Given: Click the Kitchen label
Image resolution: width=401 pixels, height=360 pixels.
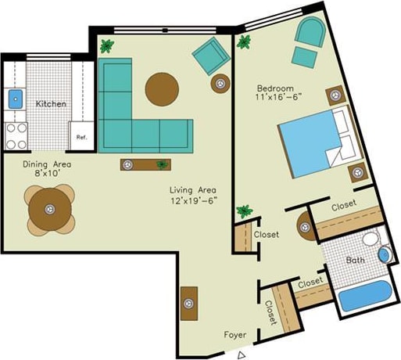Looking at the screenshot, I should click(50, 103).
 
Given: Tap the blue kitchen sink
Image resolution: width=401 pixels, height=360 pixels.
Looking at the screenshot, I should click(16, 99).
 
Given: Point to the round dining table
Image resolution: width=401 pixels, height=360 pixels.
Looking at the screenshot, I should click(50, 208).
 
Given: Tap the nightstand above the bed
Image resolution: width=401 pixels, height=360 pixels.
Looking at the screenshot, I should click(338, 95).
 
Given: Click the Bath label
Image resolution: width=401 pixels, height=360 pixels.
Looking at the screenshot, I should click(356, 260).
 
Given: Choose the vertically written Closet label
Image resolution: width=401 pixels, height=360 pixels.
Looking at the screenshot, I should click(270, 313).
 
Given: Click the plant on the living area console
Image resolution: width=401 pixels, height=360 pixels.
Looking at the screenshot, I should click(162, 164).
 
